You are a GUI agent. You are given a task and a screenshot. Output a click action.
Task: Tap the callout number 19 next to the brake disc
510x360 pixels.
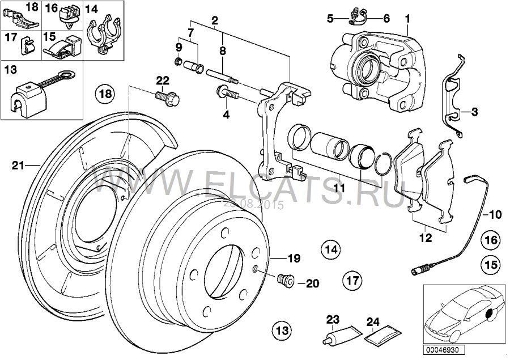[292, 259]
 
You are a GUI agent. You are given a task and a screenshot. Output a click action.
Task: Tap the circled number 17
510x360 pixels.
[352, 279]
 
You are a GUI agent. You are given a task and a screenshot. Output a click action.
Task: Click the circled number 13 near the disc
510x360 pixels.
[282, 329]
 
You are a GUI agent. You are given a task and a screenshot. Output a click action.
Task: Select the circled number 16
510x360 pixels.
[491, 240]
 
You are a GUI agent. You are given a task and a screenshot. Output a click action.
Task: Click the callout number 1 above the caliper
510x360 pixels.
[407, 19]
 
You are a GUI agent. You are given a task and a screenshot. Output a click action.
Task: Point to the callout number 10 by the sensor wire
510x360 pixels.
[495, 215]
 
